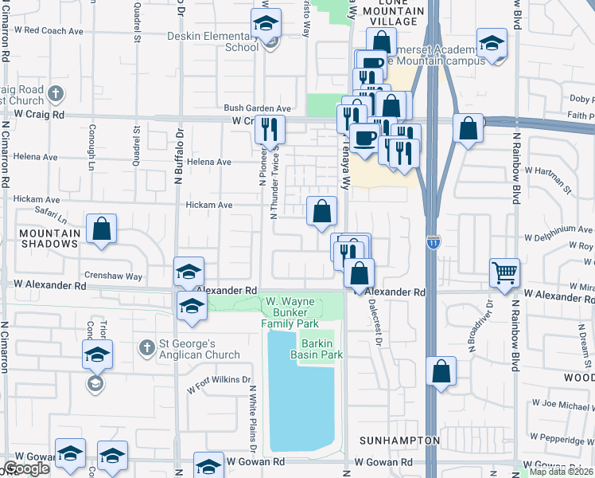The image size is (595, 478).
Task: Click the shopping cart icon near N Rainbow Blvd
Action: click(505, 272)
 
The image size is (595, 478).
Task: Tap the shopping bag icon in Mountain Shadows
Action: click(102, 229)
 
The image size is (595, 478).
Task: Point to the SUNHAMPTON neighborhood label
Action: click(399, 441)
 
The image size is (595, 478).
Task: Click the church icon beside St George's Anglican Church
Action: click(146, 347)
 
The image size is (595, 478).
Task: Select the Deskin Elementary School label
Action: click(213, 41)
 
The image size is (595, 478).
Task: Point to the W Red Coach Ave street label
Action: click(49, 31)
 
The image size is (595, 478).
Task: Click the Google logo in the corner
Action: click(26, 468)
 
